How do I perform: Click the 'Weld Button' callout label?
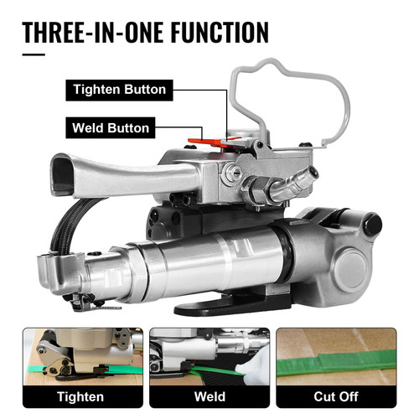point(110,128)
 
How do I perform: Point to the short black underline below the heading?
point(33,55)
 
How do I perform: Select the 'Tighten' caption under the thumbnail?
point(80,396)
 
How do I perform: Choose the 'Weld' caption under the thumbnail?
point(209,396)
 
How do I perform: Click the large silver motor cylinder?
point(201,260)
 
